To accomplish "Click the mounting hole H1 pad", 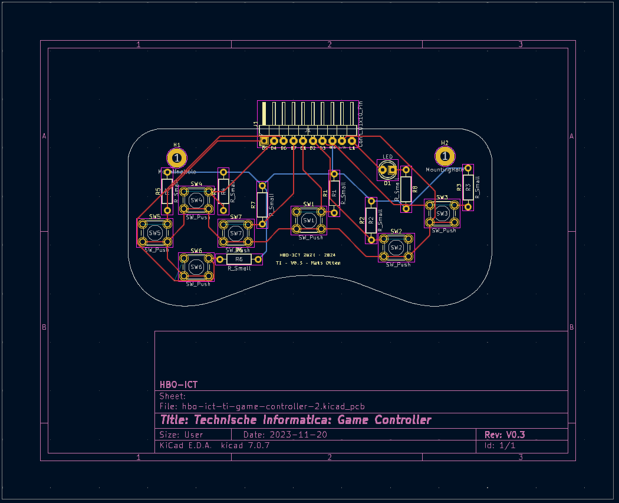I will (x=177, y=157).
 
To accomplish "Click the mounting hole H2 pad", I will (x=445, y=156).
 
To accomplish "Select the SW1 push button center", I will (x=308, y=220).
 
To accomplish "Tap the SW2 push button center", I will (x=396, y=247).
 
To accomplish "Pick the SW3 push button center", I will (x=442, y=213).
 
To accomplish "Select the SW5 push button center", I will (x=155, y=233).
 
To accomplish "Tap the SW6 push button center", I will (x=196, y=267).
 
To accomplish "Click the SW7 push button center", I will (x=236, y=233).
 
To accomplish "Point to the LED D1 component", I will (x=387, y=170).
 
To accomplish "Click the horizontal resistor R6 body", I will (x=239, y=259).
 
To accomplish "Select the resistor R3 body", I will (x=468, y=188).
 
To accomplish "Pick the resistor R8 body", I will (x=406, y=189).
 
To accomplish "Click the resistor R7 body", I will (x=262, y=204).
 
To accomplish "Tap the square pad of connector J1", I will (x=265, y=141).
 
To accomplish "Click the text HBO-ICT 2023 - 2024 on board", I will (x=303, y=255).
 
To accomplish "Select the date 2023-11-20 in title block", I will (x=298, y=435).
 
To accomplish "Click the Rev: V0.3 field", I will (x=505, y=435).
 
